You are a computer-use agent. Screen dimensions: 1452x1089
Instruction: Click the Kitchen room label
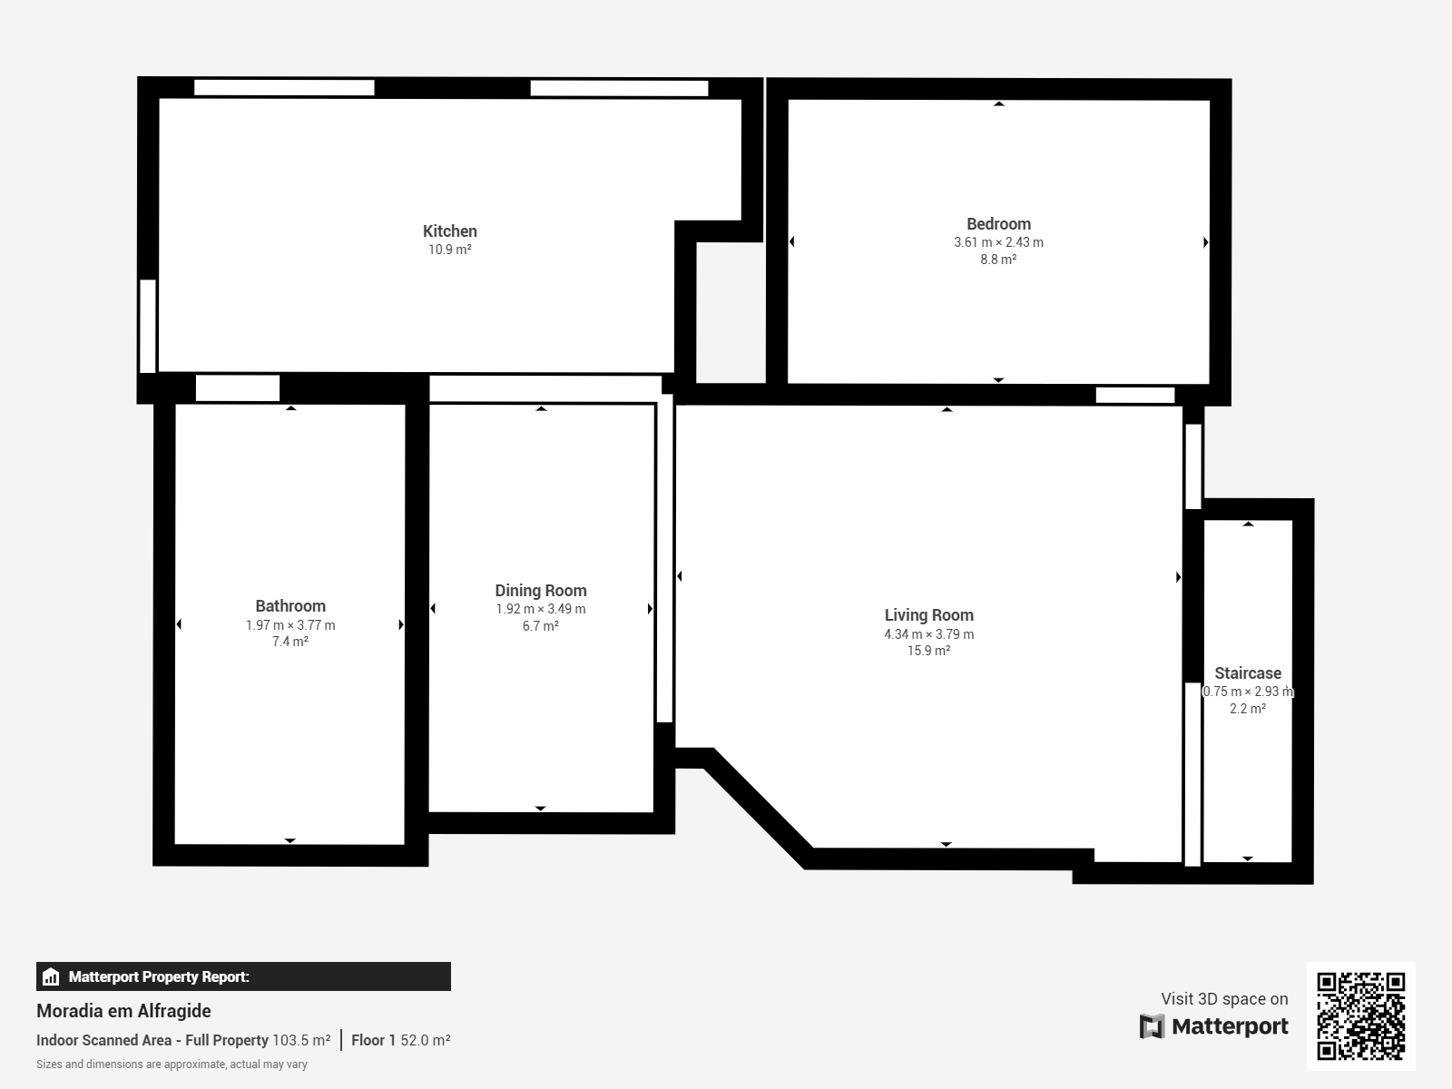pyautogui.click(x=450, y=231)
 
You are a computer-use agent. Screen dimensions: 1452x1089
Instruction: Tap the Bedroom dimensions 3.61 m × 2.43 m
pyautogui.click(x=998, y=242)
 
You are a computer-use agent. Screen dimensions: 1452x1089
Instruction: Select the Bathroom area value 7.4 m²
pyautogui.click(x=289, y=642)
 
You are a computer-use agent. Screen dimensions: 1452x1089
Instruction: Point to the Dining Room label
pyautogui.click(x=541, y=591)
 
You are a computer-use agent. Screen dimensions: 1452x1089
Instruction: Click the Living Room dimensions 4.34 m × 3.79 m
pyautogui.click(x=928, y=634)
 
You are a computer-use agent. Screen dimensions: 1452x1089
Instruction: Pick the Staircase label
pyautogui.click(x=1248, y=673)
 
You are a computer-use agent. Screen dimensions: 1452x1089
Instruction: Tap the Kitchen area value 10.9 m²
pyautogui.click(x=450, y=250)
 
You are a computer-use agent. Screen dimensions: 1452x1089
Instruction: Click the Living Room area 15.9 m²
pyautogui.click(x=928, y=651)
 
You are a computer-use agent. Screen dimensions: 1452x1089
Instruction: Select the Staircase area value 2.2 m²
pyautogui.click(x=1248, y=709)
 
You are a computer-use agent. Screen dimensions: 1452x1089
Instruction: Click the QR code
pyautogui.click(x=1360, y=1016)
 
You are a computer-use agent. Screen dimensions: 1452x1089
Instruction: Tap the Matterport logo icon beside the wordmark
pyautogui.click(x=1152, y=1026)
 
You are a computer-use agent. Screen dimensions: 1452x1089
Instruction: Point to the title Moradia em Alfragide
pyautogui.click(x=123, y=1011)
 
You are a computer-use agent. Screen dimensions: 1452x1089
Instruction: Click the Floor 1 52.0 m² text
pyautogui.click(x=401, y=1040)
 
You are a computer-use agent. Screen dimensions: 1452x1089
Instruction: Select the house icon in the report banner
pyautogui.click(x=51, y=976)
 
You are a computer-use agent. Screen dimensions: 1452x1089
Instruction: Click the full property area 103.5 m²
pyautogui.click(x=301, y=1040)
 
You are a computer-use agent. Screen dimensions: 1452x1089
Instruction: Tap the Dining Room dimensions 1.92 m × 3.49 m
pyautogui.click(x=541, y=609)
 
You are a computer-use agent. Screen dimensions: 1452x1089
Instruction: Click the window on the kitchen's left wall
pyautogui.click(x=148, y=326)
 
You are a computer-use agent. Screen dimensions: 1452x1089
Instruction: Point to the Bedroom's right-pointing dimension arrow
pyautogui.click(x=1206, y=242)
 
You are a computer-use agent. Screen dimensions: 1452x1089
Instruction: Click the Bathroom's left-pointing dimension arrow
pyautogui.click(x=179, y=624)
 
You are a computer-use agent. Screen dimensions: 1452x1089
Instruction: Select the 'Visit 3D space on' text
pyautogui.click(x=1224, y=999)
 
